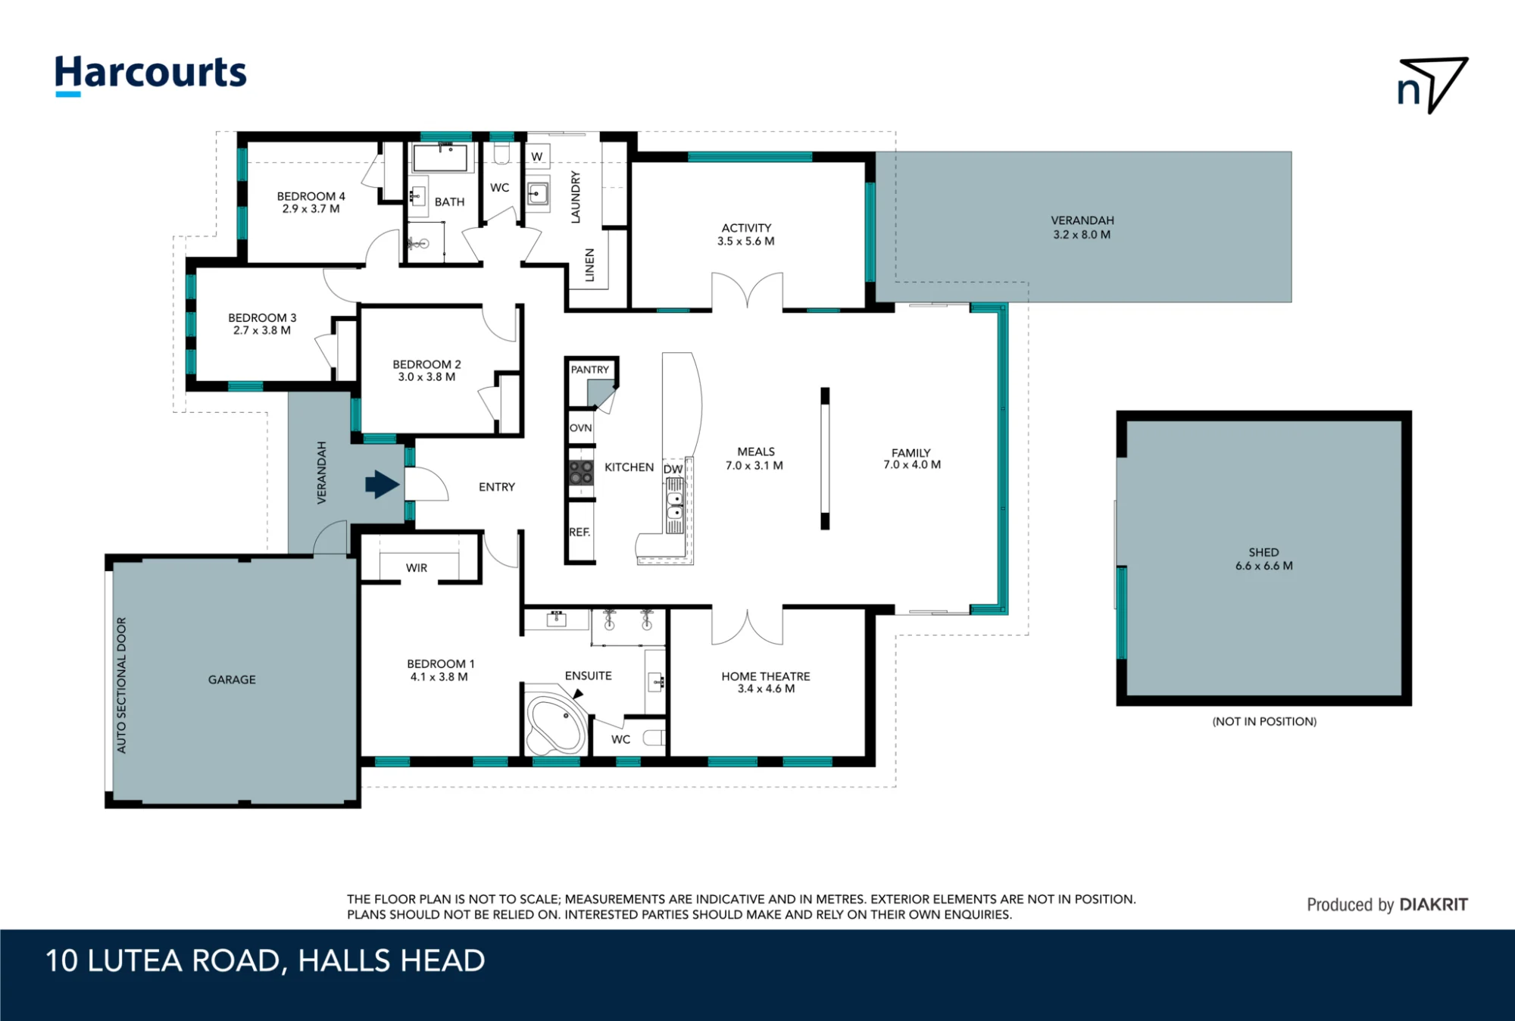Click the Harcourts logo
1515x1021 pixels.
tap(151, 75)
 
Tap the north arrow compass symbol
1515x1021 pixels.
tap(1432, 85)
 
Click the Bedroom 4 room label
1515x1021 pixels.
tap(311, 196)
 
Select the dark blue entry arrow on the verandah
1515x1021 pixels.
tap(383, 485)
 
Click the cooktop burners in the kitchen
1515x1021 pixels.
tap(581, 473)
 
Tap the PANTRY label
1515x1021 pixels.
tap(590, 370)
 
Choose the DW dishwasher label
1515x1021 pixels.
tap(673, 469)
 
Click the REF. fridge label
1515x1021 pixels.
tap(579, 532)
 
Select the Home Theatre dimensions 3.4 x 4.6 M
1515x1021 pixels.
tap(766, 689)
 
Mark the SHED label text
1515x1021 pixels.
tap(1264, 552)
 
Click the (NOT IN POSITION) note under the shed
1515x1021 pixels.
tap(1264, 721)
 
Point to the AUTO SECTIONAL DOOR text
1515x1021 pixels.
tap(122, 685)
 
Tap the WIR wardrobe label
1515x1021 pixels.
tap(417, 568)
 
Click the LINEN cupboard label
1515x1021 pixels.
tap(589, 265)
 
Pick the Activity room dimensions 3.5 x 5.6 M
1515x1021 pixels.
tap(746, 242)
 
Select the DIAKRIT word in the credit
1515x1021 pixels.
tap(1433, 904)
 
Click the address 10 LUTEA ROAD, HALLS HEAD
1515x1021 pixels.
tap(265, 960)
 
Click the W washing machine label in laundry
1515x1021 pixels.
tap(537, 157)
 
